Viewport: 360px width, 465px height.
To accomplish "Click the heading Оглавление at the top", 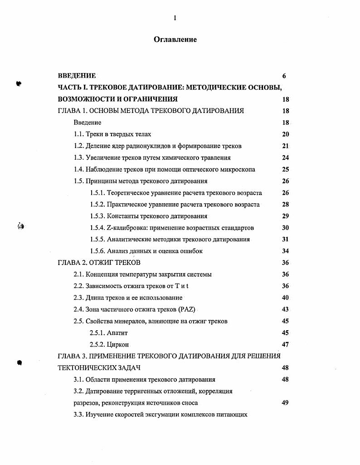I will (x=175, y=39).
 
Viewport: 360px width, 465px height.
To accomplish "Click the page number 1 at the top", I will (x=175, y=18).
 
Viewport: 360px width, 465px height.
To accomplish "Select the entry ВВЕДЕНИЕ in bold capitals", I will (x=77, y=76).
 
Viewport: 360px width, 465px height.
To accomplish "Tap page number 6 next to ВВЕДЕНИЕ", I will (x=284, y=76).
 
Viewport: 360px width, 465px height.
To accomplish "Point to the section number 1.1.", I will (x=79, y=134).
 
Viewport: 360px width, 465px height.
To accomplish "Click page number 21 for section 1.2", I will (x=285, y=146).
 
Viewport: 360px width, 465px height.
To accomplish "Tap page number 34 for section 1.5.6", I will (x=285, y=251).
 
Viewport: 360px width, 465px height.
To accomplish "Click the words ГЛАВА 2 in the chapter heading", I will (x=73, y=263).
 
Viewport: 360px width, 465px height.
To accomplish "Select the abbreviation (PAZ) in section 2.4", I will (x=186, y=309).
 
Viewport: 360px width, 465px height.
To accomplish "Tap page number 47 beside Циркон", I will (x=285, y=345).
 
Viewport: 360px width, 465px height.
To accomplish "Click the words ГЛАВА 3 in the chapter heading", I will (x=73, y=356).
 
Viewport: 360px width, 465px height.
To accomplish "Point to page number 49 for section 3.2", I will (x=285, y=402).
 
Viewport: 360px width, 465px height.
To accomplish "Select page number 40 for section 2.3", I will (x=285, y=298).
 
